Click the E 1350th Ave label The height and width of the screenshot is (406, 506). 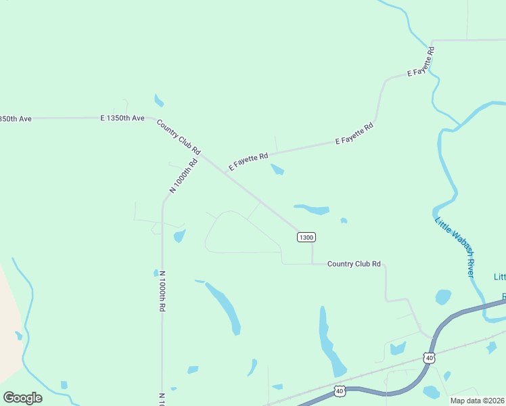(x=122, y=118)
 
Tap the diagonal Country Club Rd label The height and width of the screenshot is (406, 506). (x=179, y=135)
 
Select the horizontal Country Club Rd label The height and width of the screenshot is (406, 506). (x=354, y=264)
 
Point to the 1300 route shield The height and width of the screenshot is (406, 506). (x=306, y=237)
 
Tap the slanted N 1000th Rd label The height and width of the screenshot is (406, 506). (x=183, y=176)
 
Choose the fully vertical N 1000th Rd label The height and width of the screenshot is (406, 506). (x=162, y=291)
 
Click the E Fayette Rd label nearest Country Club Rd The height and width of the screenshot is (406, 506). (x=248, y=161)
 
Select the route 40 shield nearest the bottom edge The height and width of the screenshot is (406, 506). (x=340, y=391)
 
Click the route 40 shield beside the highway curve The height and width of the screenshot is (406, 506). (x=428, y=357)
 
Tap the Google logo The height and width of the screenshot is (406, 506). (x=22, y=398)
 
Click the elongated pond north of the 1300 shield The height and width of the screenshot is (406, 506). (x=313, y=209)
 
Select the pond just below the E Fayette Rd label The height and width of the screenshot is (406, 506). (x=277, y=169)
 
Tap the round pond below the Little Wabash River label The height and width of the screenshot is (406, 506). (x=443, y=297)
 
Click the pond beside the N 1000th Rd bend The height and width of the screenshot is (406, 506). (x=179, y=235)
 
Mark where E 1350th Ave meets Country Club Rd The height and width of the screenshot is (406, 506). (x=150, y=118)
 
